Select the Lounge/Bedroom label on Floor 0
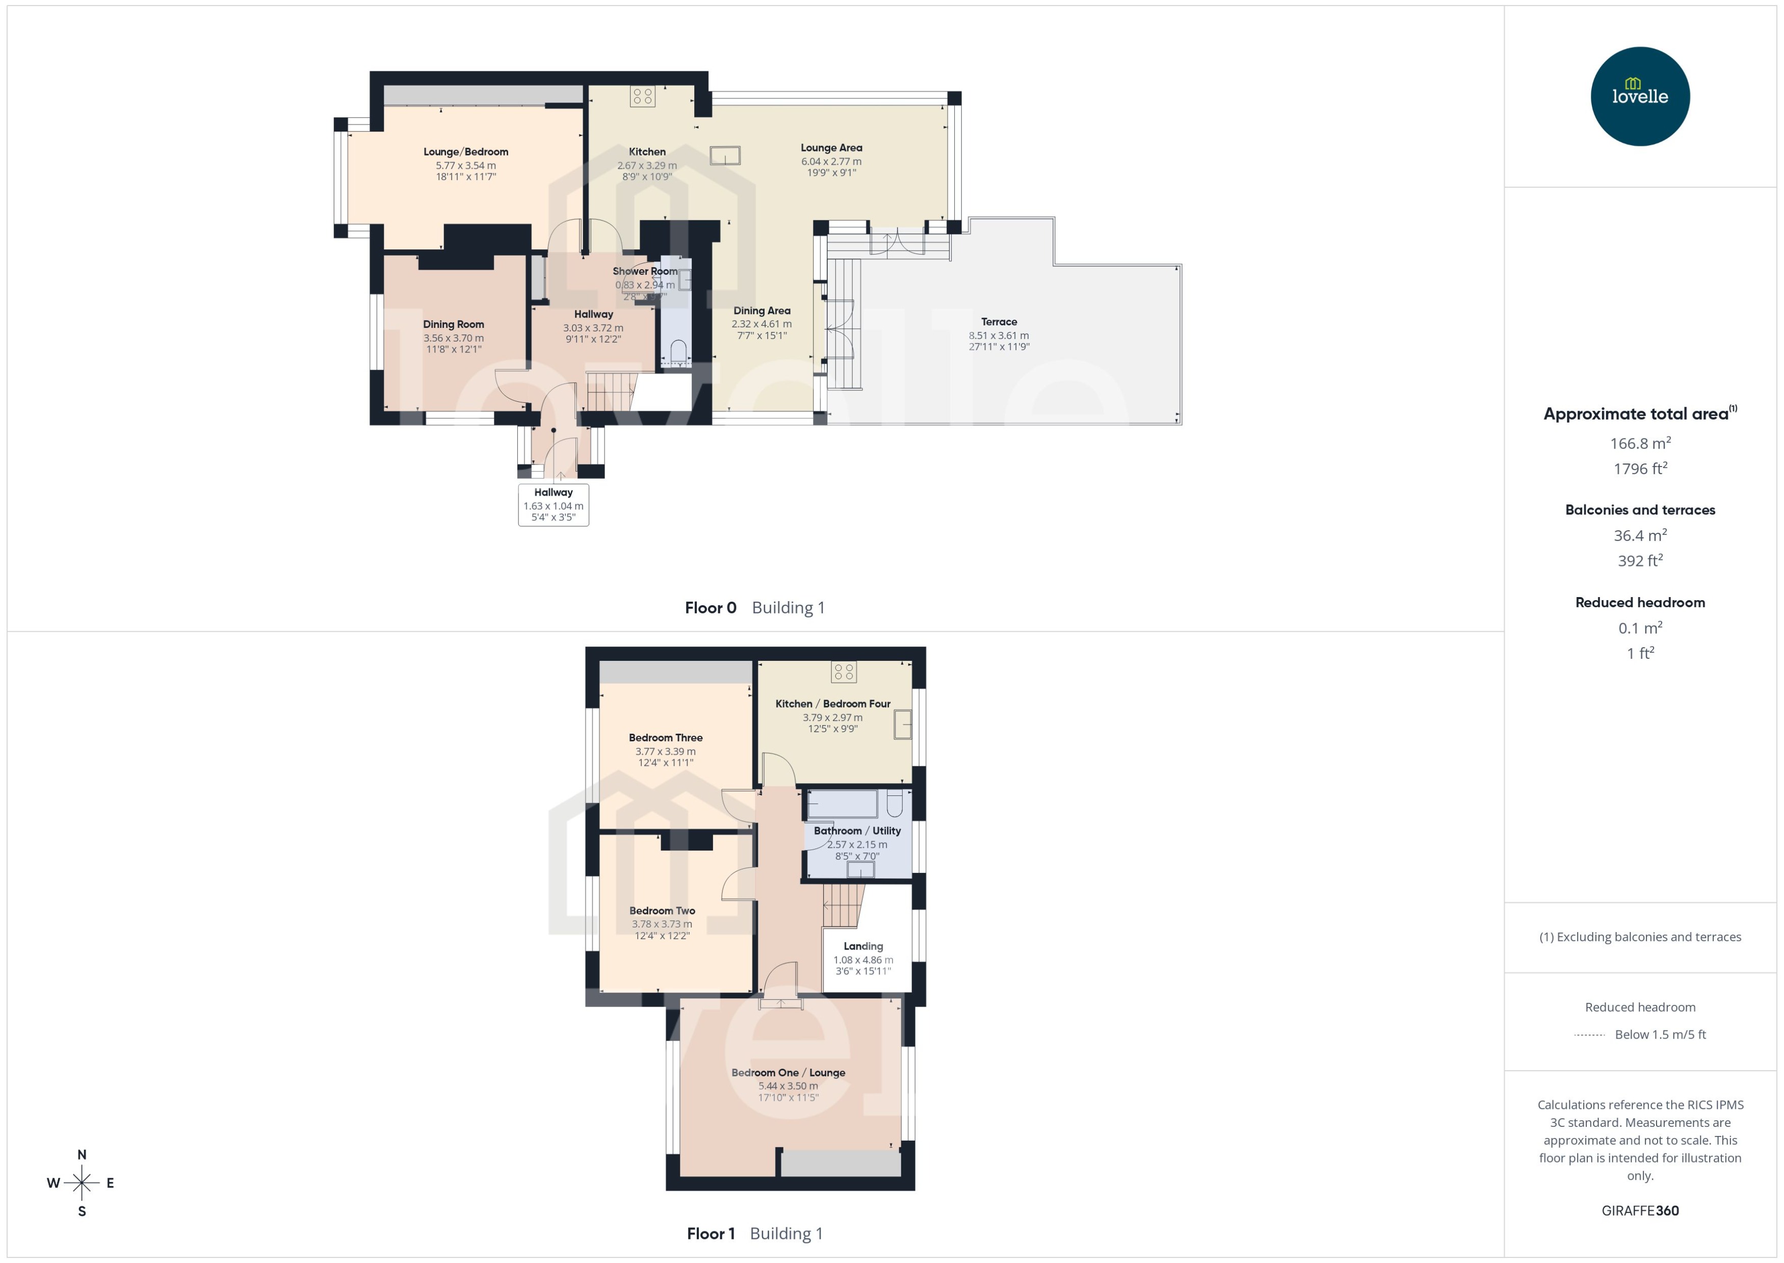tap(466, 151)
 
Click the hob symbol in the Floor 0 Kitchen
tap(642, 96)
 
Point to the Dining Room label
tap(453, 324)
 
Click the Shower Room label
tap(644, 271)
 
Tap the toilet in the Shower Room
tap(678, 351)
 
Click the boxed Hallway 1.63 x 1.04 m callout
tap(554, 505)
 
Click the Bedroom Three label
tap(665, 738)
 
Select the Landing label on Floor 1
tap(863, 946)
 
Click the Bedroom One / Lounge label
tap(788, 1072)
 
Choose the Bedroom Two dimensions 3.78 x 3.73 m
tap(662, 924)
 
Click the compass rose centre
tap(82, 1183)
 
